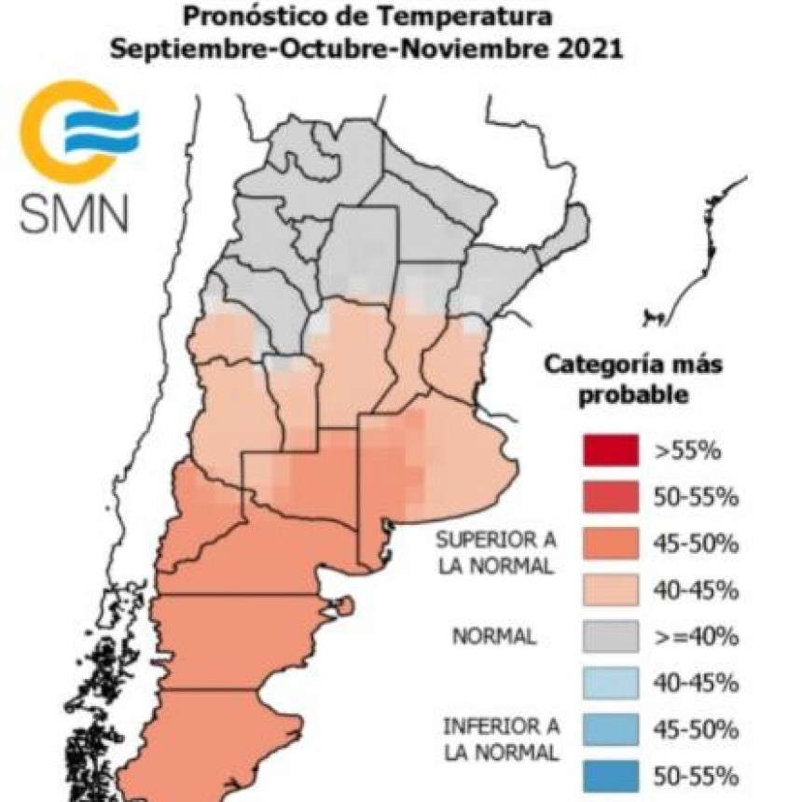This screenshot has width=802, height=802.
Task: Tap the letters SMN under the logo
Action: [75, 214]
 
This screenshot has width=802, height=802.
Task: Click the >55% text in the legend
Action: [687, 452]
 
